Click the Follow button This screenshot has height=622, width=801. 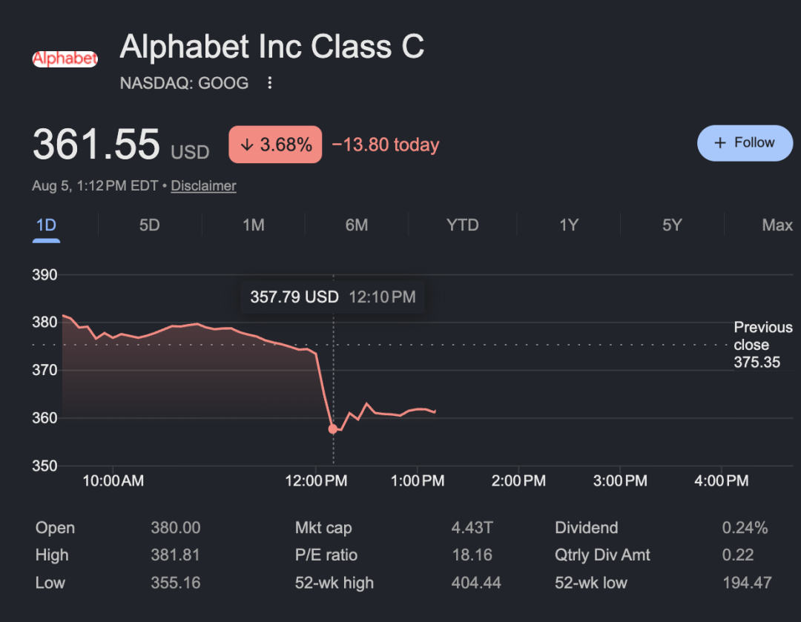[x=745, y=143]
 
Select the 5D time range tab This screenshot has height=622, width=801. [x=150, y=225]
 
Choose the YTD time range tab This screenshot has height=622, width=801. [x=462, y=225]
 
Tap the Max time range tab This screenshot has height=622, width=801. [x=777, y=225]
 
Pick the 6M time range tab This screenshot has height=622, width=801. [x=357, y=225]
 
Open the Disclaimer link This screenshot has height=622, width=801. [x=203, y=186]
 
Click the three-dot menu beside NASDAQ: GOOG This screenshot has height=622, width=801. [x=270, y=83]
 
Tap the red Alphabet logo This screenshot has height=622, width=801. [x=65, y=59]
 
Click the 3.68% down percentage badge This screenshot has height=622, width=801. [x=275, y=145]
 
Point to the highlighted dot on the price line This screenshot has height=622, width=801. [x=333, y=429]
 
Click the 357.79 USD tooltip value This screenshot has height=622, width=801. [x=294, y=297]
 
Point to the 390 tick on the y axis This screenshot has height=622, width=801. [x=44, y=275]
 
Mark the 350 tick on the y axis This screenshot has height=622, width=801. [x=44, y=466]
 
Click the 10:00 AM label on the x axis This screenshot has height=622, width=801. [x=113, y=480]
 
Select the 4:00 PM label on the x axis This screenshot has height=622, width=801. [x=722, y=480]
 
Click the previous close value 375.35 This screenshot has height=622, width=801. [x=757, y=363]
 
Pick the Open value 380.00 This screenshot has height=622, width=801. [x=175, y=528]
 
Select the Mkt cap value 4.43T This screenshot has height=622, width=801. [x=472, y=528]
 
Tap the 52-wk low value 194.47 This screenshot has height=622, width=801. [x=747, y=583]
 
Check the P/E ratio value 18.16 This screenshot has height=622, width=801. [x=472, y=555]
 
